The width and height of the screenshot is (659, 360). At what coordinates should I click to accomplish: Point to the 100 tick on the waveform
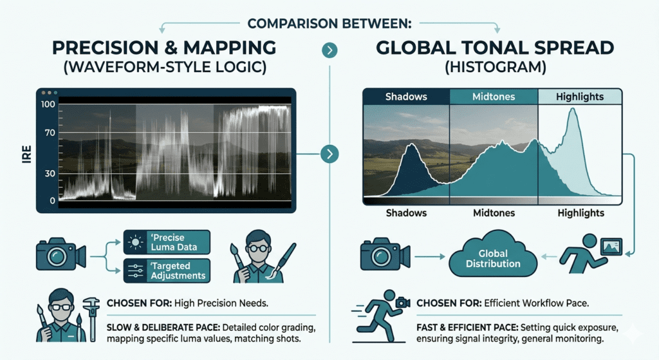point(48,104)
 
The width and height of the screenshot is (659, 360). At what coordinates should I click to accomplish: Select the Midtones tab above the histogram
point(492,97)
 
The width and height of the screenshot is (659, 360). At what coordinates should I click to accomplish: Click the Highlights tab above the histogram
point(580,97)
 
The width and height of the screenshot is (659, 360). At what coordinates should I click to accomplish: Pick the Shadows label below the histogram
point(406,213)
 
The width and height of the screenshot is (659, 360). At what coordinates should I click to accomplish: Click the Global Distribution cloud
point(494,258)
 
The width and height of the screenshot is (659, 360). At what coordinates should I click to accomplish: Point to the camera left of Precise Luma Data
point(59,256)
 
